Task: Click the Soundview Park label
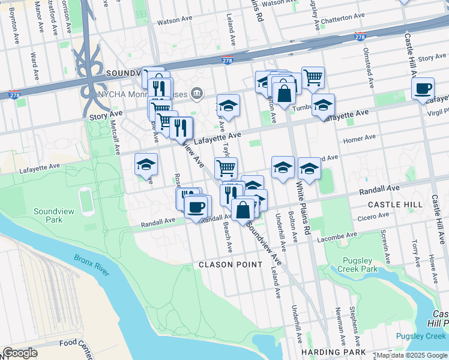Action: [49, 215]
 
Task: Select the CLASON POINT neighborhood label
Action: [231, 264]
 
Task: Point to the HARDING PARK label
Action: [334, 352]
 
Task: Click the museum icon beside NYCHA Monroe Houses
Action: [196, 94]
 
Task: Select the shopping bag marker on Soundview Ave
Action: [243, 211]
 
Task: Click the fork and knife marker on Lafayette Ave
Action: [181, 127]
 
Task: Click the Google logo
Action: [20, 353]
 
